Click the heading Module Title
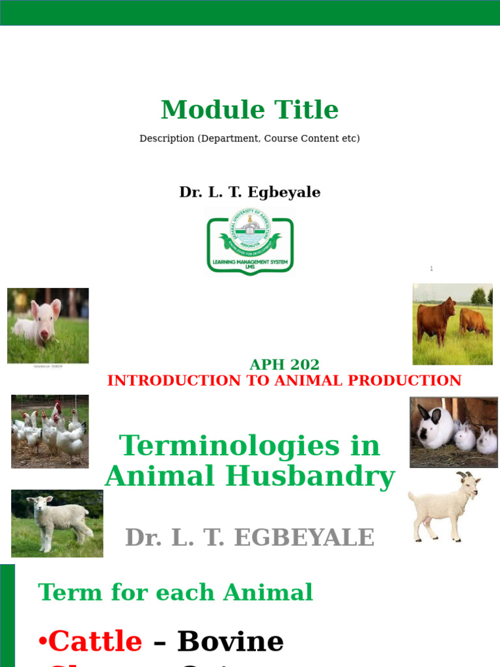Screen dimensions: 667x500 249,110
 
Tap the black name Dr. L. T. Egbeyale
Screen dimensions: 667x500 249,193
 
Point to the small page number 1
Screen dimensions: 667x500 431,269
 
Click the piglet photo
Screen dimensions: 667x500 48,326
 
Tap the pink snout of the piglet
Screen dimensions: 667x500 44,334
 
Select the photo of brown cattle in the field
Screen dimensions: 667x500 452,324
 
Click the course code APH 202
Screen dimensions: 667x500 285,365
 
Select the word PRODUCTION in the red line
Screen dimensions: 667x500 411,381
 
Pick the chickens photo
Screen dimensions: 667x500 50,431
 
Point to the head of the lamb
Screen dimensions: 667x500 42,504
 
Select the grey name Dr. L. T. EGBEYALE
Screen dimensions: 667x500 249,538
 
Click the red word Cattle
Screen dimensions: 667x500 95,642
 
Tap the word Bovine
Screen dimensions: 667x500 230,642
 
